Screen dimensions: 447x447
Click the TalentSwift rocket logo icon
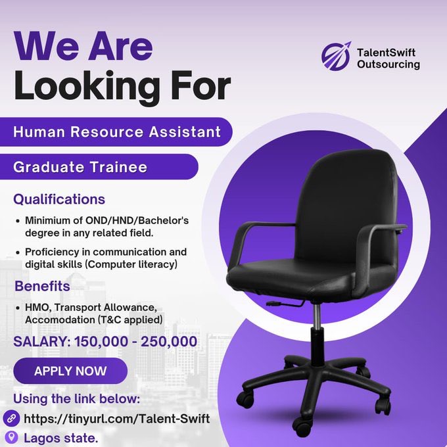pos(336,56)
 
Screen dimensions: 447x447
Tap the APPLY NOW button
pos(70,371)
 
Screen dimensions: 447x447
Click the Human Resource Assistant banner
pos(116,131)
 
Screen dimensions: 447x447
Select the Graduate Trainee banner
pos(99,167)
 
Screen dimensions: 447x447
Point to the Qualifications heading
pos(59,199)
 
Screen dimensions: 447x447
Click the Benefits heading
pos(42,286)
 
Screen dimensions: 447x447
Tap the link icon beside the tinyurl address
pos(11,418)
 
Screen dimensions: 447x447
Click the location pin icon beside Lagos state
pos(12,437)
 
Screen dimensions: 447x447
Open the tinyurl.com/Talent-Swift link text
pos(116,419)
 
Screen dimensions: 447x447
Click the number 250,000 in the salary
pos(169,342)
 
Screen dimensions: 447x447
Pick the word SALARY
pos(42,342)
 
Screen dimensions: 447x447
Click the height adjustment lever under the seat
pos(285,304)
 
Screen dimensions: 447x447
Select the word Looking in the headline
pos(87,85)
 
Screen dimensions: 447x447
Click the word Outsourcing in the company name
pos(388,64)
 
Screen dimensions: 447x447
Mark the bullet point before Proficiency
pos(18,252)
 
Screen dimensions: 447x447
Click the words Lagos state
pos(60,438)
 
